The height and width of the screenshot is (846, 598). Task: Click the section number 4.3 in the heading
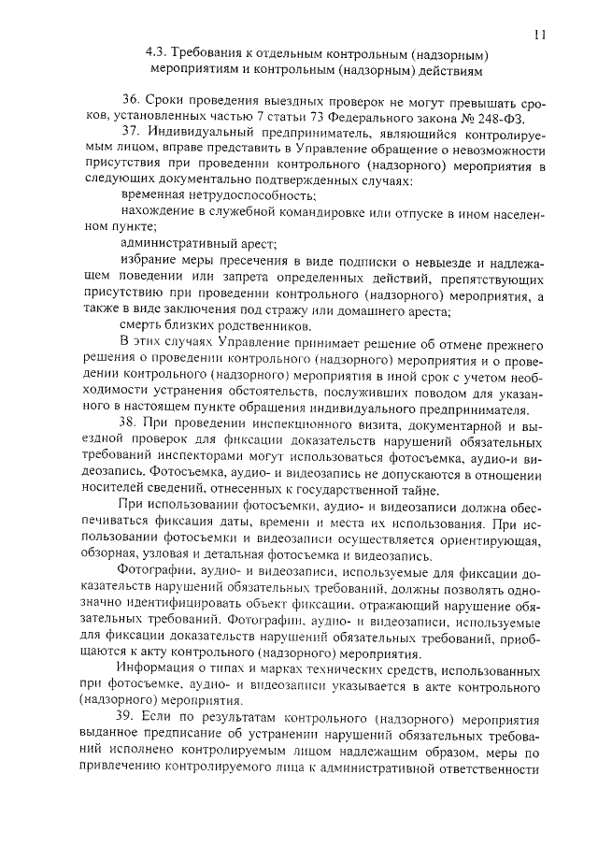157,54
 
